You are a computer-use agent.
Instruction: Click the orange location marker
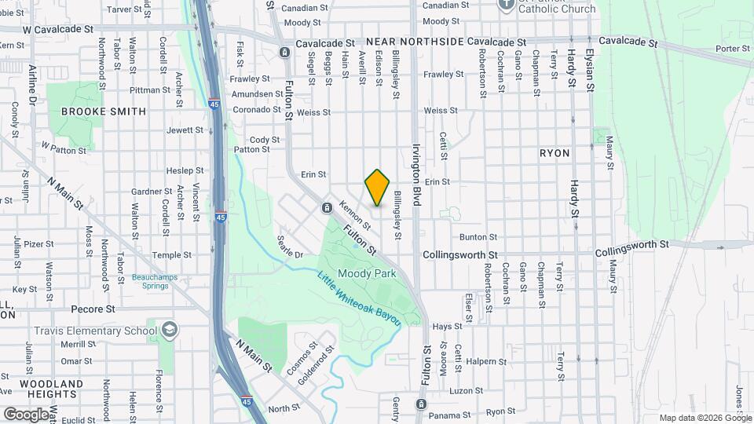click(x=378, y=188)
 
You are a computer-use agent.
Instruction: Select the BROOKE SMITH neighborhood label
click(x=104, y=111)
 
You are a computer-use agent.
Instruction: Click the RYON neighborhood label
click(x=555, y=153)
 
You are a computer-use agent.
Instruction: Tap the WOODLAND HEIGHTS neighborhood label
click(x=52, y=390)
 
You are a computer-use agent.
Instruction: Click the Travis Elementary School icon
click(x=168, y=331)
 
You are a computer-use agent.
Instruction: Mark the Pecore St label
click(x=93, y=309)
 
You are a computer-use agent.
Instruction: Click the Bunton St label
click(x=478, y=236)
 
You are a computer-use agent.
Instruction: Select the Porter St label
click(x=734, y=49)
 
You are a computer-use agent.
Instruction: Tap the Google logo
click(x=27, y=413)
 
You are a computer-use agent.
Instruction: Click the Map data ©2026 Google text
click(x=704, y=418)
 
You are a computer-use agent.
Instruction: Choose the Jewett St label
click(x=185, y=130)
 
